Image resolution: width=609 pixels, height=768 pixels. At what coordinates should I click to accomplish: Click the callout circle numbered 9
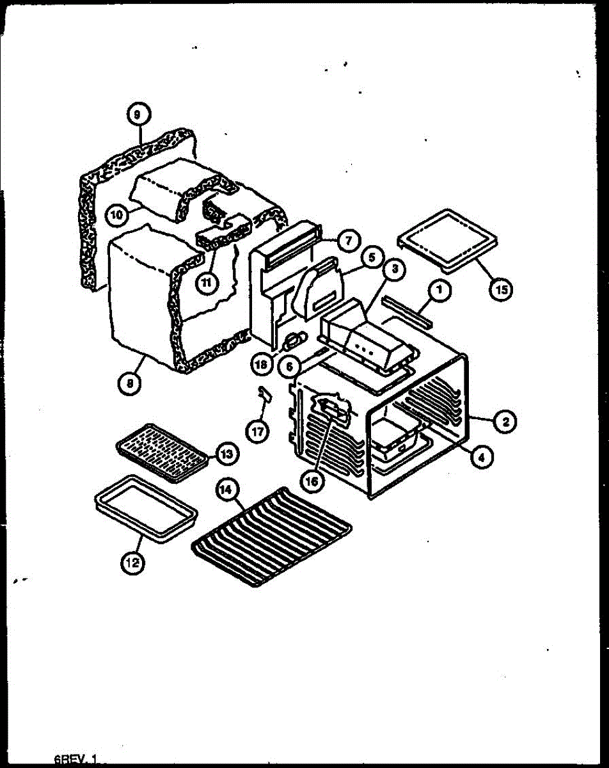coord(138,115)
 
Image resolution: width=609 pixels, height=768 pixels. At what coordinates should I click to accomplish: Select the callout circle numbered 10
coord(115,216)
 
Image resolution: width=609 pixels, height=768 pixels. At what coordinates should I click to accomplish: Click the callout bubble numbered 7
coord(346,242)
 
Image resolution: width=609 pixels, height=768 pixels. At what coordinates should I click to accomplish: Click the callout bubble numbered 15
coord(501,289)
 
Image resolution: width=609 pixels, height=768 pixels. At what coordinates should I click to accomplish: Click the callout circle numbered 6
coord(289,366)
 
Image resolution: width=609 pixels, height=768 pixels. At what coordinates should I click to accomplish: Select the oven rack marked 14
coord(272,536)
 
